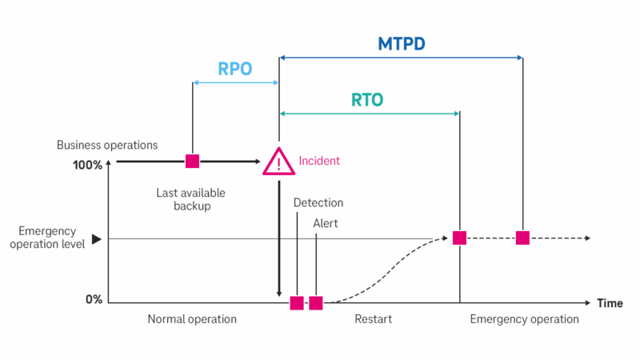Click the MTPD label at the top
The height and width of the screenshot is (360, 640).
pos(402,43)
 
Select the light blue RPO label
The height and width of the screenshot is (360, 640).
pos(235,69)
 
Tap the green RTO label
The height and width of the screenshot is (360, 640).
pos(367,100)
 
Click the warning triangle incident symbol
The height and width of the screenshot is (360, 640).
pos(278,162)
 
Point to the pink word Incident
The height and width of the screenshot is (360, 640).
pos(319,161)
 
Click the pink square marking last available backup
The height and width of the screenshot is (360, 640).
pos(192,161)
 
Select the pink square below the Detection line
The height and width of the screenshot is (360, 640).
pos(297,302)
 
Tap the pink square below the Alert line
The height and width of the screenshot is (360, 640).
pos(316,302)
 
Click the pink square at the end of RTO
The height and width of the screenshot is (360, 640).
pos(459,238)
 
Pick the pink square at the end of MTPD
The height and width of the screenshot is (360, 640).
pos(522,238)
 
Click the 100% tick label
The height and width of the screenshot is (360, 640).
pos(88,166)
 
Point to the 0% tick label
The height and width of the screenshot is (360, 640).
pos(94,299)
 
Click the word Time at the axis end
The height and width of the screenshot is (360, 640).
pos(610,303)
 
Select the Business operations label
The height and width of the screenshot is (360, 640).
pos(107,145)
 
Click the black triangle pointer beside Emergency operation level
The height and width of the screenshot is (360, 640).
pos(97,238)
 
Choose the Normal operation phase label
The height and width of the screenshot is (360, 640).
pos(192,319)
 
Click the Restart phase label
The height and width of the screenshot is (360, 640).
pos(374,319)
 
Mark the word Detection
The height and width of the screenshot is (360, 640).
pos(318,203)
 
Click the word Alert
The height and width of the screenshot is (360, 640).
pos(326,223)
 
